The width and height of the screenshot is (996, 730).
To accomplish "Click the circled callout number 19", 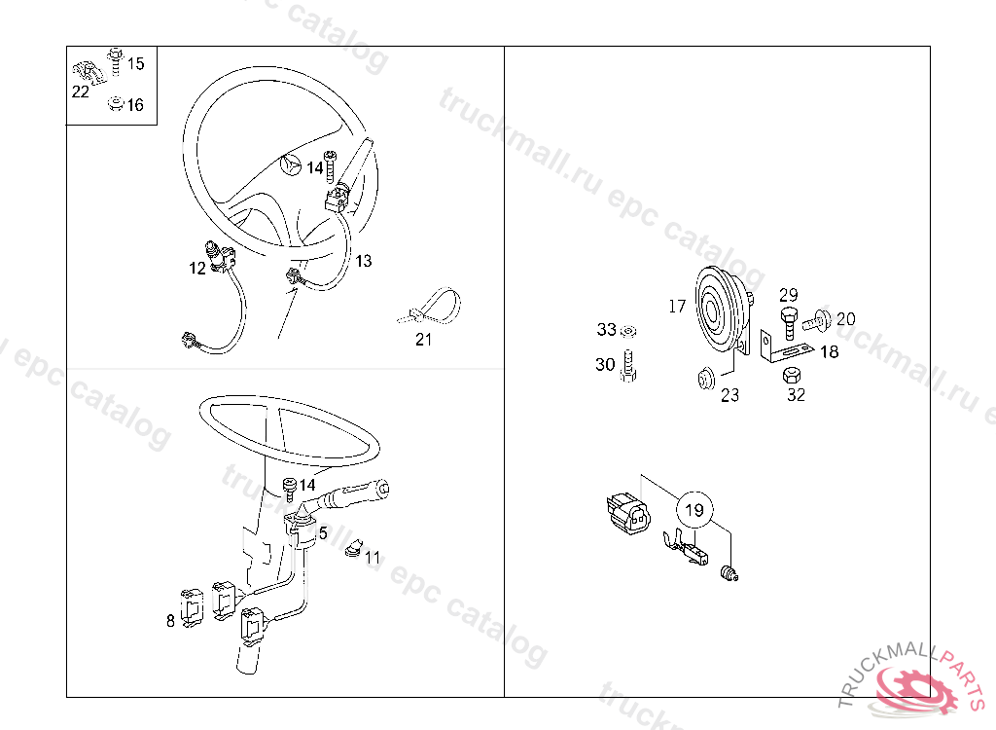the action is pyautogui.click(x=694, y=510).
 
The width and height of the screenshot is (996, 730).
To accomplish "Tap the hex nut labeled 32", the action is pyautogui.click(x=792, y=375).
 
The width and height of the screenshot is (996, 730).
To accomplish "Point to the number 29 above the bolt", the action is pyautogui.click(x=788, y=295).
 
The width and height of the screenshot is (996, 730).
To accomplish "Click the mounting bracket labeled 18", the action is pyautogui.click(x=783, y=348).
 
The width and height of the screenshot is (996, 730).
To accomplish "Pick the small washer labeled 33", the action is pyautogui.click(x=629, y=331).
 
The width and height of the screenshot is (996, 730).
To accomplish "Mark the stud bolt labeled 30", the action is pyautogui.click(x=628, y=366).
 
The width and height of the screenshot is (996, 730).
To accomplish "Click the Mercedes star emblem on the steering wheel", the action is pyautogui.click(x=291, y=164).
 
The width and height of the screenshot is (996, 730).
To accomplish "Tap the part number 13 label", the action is pyautogui.click(x=364, y=261).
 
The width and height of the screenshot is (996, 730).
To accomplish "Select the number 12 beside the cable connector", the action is pyautogui.click(x=196, y=269).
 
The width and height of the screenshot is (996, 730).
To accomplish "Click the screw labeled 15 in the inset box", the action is pyautogui.click(x=116, y=61).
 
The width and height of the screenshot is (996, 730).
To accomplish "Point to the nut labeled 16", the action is pyautogui.click(x=115, y=103).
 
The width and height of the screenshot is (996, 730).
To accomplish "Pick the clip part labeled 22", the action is pyautogui.click(x=89, y=73).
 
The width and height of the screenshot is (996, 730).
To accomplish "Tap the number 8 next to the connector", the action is pyautogui.click(x=170, y=621).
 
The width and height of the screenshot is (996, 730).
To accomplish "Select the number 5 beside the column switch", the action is pyautogui.click(x=323, y=532).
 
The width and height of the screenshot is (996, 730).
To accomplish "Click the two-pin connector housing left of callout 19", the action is pyautogui.click(x=628, y=514).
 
